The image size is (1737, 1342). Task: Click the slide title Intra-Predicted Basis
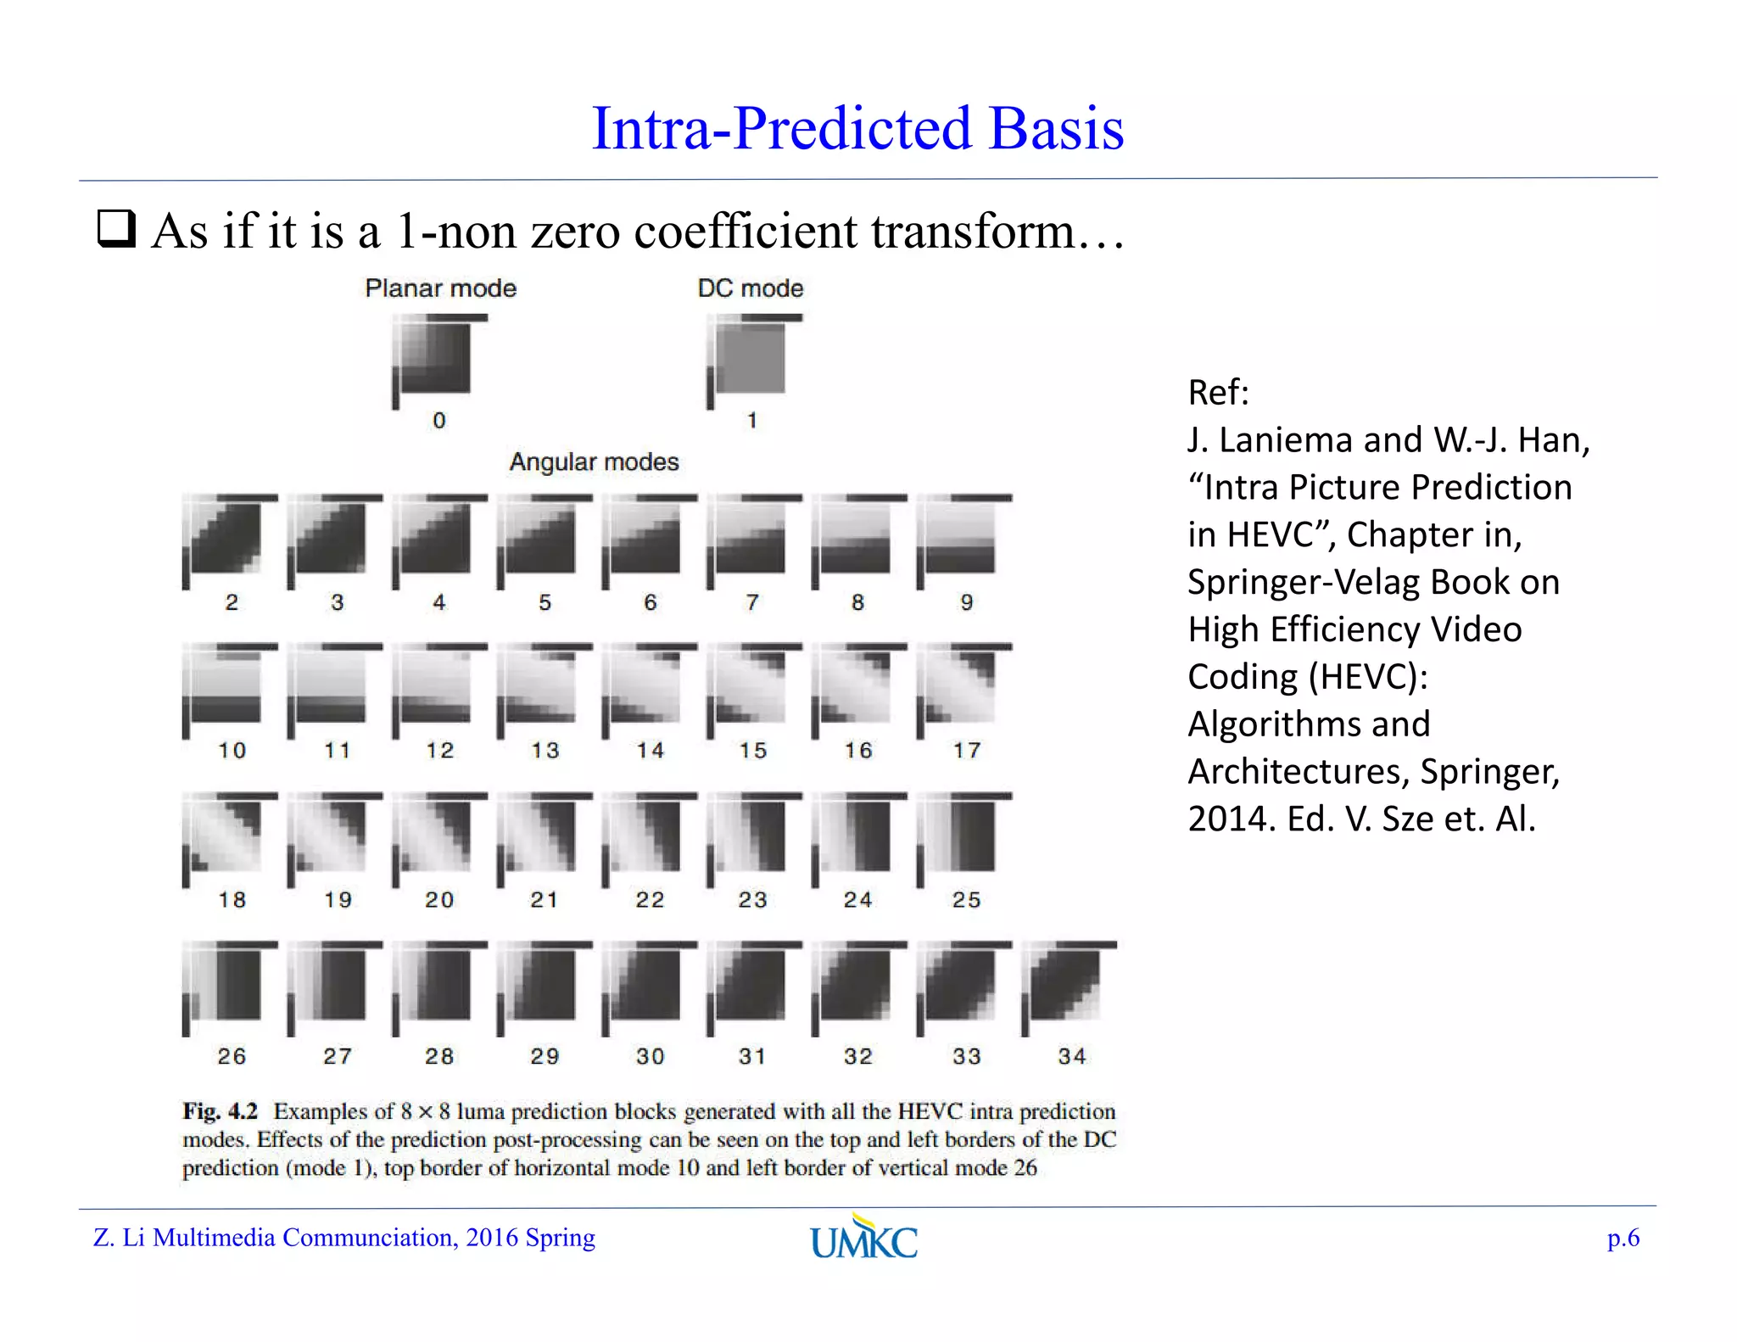tap(857, 128)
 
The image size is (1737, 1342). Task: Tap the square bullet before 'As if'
tap(116, 229)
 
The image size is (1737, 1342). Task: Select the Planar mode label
tap(440, 288)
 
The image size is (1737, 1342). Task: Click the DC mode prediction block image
tap(751, 359)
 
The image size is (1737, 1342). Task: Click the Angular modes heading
tap(594, 461)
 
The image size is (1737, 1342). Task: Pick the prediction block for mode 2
tap(226, 539)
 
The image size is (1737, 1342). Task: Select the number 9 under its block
tap(966, 602)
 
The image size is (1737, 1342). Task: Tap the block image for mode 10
tap(226, 688)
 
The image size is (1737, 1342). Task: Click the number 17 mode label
tap(966, 751)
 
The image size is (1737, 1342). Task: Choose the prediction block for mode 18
tap(226, 836)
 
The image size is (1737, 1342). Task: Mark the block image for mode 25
tap(961, 836)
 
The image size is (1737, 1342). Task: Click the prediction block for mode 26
tap(226, 985)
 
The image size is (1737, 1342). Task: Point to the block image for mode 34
tap(1066, 985)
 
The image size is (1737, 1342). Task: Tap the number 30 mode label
tap(650, 1056)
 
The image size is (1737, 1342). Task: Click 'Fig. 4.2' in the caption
tap(220, 1111)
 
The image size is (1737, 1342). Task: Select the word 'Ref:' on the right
tap(1218, 392)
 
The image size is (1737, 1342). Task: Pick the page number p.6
tap(1623, 1239)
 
